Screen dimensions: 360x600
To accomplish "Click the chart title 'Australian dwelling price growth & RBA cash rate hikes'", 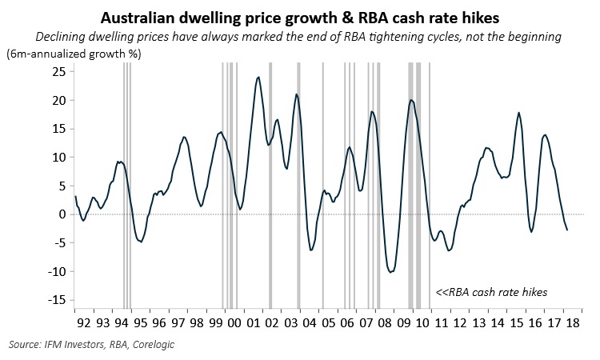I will (300, 17).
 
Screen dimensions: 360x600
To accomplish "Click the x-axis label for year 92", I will (83, 324).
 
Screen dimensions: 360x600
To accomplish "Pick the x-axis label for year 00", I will (234, 324).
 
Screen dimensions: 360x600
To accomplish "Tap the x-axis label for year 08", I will (385, 324).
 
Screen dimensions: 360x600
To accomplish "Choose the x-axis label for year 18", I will (574, 324).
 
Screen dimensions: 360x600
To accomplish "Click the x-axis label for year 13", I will (479, 324).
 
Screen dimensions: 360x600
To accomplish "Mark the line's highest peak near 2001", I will (258, 77).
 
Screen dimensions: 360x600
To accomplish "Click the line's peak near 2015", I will (519, 113).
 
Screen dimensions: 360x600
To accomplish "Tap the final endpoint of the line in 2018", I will (567, 230).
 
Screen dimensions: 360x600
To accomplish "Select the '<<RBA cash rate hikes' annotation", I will (491, 292).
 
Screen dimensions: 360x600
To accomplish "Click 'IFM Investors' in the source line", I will (71, 345).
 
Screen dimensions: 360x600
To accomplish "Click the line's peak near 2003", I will (296, 94).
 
